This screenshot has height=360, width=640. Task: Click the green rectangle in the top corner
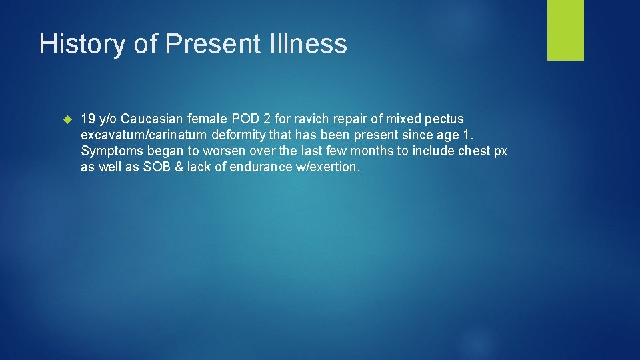(x=565, y=30)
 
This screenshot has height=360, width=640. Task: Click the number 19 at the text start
(x=87, y=119)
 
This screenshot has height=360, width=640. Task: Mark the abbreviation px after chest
(x=500, y=151)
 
